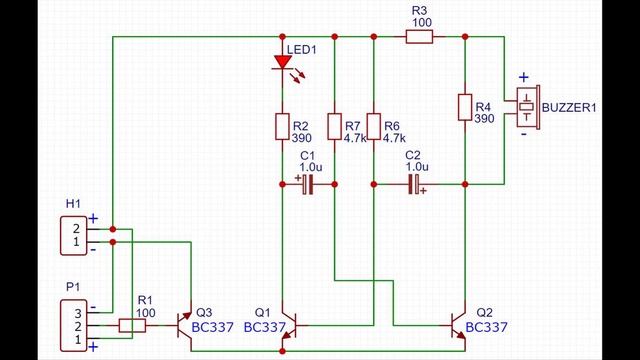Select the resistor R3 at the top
[418, 37]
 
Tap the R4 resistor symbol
[465, 107]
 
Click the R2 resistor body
[282, 126]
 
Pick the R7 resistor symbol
[334, 126]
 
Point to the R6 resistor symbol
[373, 126]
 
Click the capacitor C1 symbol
[308, 184]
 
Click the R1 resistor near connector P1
[133, 326]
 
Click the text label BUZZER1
[572, 107]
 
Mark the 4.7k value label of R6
[392, 139]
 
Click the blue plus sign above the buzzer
[522, 78]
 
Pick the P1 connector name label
[73, 287]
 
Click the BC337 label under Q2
[486, 327]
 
